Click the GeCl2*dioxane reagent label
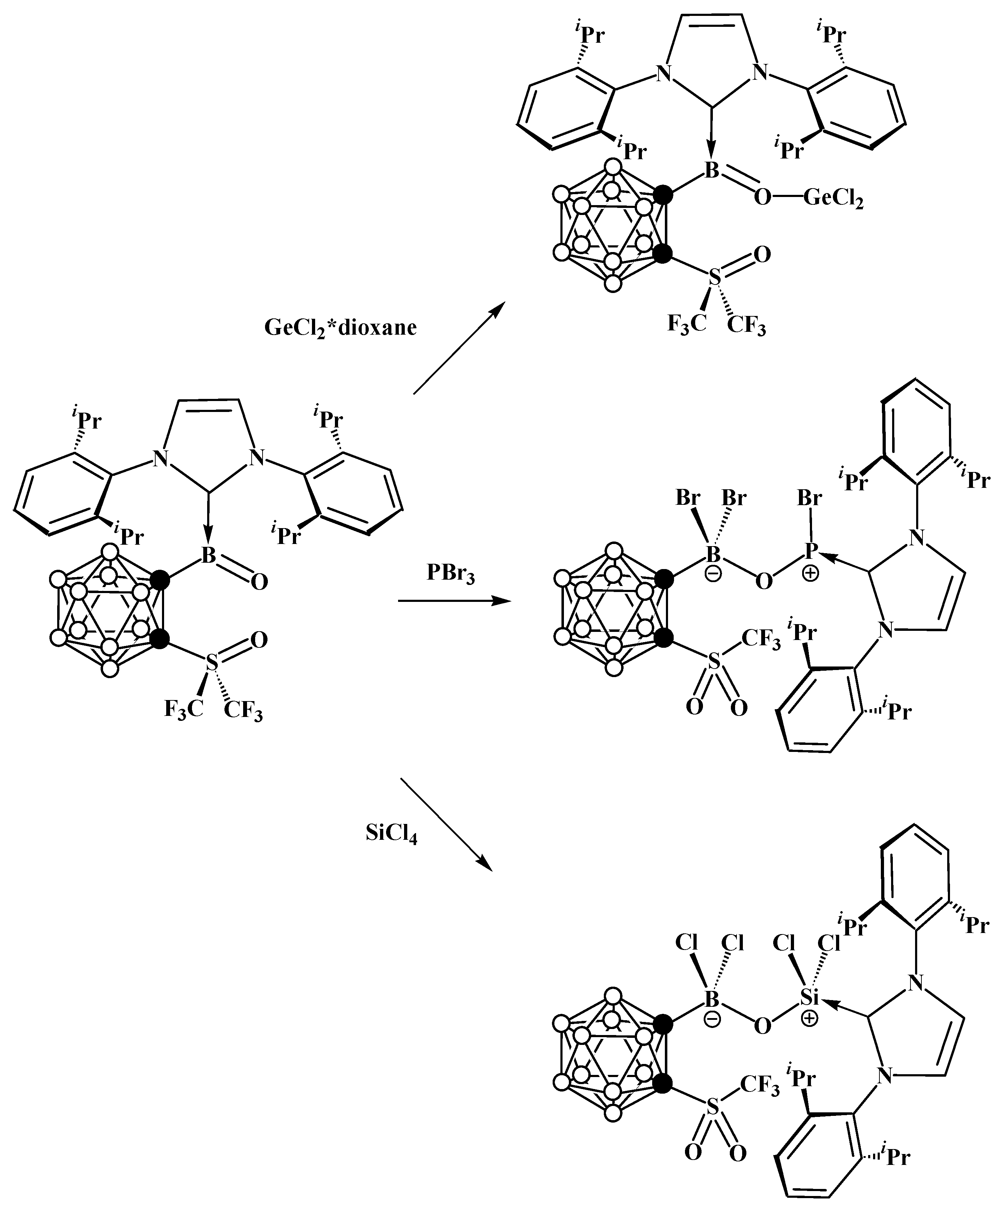click(x=340, y=328)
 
